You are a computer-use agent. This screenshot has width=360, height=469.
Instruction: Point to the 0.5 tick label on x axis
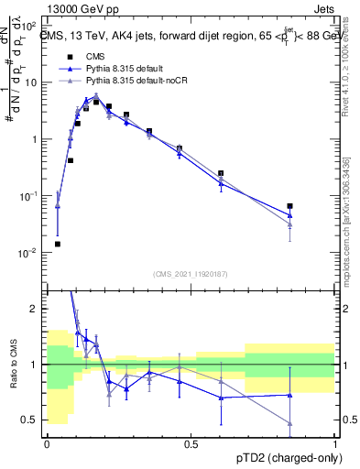pyautogui.click(x=191, y=444)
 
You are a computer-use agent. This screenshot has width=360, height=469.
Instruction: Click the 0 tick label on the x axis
pyautogui.click(x=47, y=444)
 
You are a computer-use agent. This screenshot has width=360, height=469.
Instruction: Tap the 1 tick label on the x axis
pyautogui.click(x=334, y=444)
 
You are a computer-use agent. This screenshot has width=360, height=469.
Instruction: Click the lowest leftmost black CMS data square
pyautogui.click(x=58, y=245)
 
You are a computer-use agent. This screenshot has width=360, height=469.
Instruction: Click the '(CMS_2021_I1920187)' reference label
pyautogui.click(x=191, y=273)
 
